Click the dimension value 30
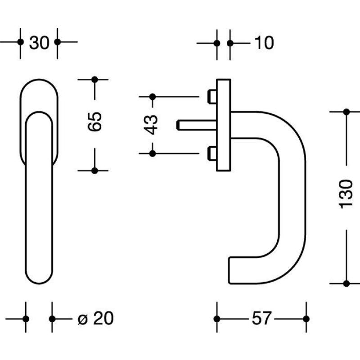[39, 43]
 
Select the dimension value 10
[264, 43]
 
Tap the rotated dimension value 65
[94, 121]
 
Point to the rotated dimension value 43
[151, 125]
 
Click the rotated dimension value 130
[346, 194]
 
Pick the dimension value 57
[261, 318]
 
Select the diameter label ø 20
[96, 318]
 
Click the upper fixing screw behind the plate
[212, 97]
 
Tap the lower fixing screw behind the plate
[212, 153]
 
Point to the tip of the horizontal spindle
[177, 125]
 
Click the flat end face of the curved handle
[229, 270]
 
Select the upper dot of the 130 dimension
[346, 112]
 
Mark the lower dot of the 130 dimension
[346, 283]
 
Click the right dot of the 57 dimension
[306, 319]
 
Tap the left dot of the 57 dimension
[217, 319]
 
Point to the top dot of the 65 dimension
[94, 80]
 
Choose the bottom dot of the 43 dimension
[153, 153]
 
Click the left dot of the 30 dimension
[20, 42]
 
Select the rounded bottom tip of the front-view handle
[39, 283]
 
